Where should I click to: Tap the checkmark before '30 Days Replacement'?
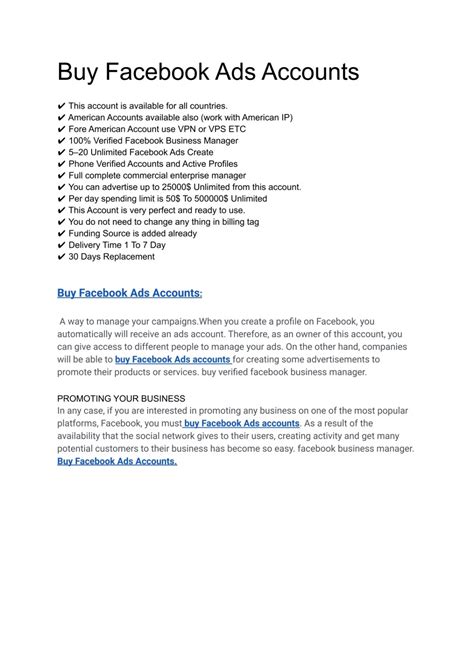click(62, 256)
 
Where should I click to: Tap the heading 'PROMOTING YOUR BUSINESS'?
click(121, 397)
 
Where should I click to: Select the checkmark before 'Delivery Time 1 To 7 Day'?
click(62, 243)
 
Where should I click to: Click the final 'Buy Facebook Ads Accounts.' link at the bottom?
click(117, 462)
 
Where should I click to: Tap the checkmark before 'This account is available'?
click(62, 105)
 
